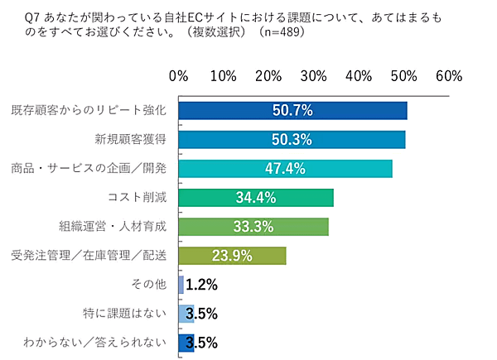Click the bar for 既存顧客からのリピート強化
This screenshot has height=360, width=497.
click(x=292, y=111)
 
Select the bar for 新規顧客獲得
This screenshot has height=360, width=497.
click(x=292, y=140)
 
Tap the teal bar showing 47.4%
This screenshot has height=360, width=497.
click(x=285, y=169)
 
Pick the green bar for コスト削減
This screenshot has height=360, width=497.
click(x=256, y=198)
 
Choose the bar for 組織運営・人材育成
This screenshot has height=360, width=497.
click(x=253, y=227)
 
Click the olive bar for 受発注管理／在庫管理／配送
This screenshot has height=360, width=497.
click(x=232, y=256)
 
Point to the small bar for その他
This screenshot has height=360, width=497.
click(x=181, y=285)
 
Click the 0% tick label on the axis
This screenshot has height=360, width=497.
click(x=179, y=76)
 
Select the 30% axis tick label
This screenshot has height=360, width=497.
click(x=314, y=76)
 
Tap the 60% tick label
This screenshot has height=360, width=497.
click(x=448, y=76)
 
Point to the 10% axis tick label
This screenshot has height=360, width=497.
click(x=224, y=76)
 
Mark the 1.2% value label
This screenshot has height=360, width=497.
click(x=201, y=285)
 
